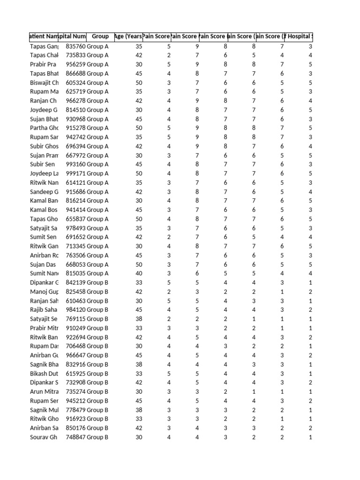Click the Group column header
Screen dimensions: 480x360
(x=100, y=36)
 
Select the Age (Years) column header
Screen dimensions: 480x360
(x=128, y=36)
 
